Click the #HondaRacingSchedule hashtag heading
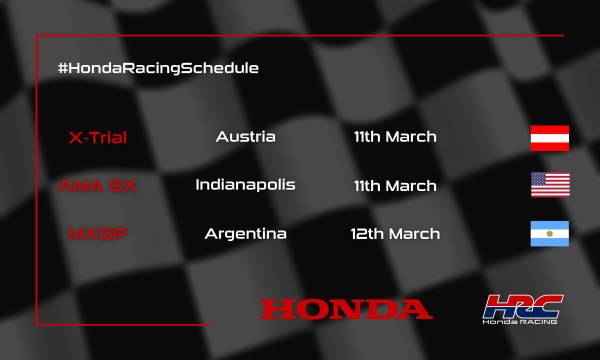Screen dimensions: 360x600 click(159, 68)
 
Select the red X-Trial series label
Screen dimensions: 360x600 click(97, 136)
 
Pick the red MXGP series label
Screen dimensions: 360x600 click(97, 234)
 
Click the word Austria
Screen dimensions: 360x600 click(245, 136)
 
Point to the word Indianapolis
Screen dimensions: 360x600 click(245, 185)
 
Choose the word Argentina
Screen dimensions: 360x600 click(245, 234)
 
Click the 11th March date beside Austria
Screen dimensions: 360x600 click(395, 136)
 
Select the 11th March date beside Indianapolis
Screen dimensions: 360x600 click(395, 186)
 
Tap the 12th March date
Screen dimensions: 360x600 click(395, 234)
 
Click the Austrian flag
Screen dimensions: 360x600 click(549, 137)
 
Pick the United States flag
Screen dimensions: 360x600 click(549, 185)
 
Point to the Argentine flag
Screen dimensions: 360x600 click(549, 234)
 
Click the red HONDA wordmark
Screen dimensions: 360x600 click(346, 307)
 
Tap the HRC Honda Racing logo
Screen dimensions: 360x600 click(521, 309)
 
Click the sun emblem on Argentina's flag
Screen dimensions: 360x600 click(549, 234)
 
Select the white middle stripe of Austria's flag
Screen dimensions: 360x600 click(549, 137)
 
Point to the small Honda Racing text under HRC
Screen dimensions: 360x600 click(521, 322)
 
